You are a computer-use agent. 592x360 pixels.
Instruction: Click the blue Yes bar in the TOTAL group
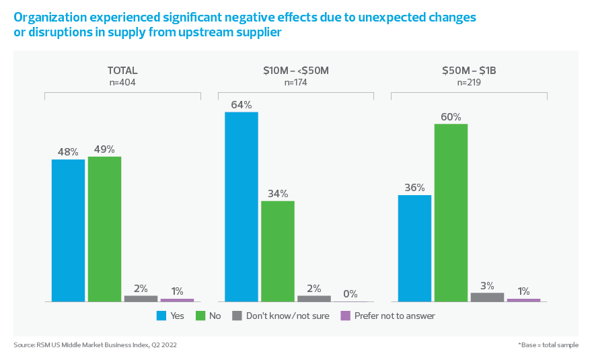click(68, 230)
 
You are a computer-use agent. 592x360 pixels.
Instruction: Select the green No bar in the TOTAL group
click(104, 229)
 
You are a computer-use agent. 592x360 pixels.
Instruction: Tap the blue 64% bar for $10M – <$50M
click(242, 207)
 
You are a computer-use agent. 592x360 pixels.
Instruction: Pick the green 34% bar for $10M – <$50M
click(278, 251)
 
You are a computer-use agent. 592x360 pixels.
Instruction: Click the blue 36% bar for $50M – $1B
click(414, 248)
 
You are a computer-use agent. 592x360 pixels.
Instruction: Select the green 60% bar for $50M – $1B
click(451, 213)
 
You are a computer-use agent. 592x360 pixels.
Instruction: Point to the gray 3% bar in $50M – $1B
click(487, 297)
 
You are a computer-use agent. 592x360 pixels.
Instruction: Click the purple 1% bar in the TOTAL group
click(177, 299)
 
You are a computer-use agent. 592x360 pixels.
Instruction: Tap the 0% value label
click(350, 294)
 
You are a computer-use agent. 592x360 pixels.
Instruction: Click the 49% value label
click(104, 149)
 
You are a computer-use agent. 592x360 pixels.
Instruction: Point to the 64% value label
click(242, 105)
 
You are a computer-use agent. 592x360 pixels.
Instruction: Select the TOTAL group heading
click(122, 70)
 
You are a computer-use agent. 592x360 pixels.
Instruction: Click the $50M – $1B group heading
click(469, 70)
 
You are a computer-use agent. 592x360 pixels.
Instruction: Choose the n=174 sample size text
click(296, 83)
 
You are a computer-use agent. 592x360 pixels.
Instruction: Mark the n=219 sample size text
click(469, 83)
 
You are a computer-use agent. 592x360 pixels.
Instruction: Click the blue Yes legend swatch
click(161, 316)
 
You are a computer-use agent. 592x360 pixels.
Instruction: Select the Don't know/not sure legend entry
click(281, 316)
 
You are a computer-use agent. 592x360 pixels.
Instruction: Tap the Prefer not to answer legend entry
click(388, 316)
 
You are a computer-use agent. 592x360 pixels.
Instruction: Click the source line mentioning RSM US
click(95, 345)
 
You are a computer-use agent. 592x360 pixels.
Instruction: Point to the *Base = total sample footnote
click(548, 345)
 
